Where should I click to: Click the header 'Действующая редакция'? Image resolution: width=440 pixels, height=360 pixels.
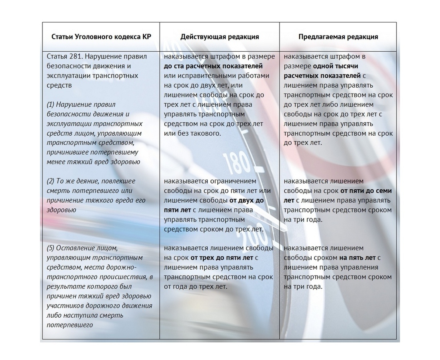(x=220, y=37)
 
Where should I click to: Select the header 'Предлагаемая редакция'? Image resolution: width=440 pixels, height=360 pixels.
(x=338, y=37)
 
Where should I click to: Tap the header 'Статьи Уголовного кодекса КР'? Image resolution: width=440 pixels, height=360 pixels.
(x=101, y=37)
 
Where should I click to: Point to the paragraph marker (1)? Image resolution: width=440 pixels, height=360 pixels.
(x=50, y=104)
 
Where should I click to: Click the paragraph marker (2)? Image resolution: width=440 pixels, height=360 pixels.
(x=50, y=181)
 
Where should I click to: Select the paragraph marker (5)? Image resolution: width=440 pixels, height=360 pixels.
(x=50, y=248)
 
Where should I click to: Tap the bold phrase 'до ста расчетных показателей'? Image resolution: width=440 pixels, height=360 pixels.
(x=213, y=66)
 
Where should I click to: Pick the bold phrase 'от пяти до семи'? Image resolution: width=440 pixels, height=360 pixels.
(x=366, y=191)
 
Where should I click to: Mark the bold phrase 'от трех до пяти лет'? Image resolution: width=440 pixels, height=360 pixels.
(x=222, y=258)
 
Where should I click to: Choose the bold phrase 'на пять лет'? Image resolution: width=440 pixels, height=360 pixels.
(x=357, y=258)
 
